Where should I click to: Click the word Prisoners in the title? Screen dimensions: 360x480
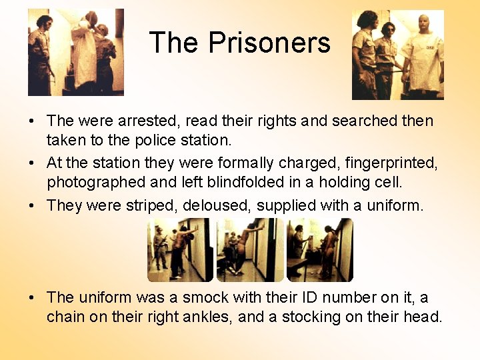(269, 43)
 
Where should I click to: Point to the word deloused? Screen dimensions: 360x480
(219, 205)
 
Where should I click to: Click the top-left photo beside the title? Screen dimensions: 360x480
(75, 52)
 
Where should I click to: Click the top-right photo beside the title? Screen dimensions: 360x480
(397, 55)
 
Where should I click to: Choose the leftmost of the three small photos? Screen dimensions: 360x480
(180, 250)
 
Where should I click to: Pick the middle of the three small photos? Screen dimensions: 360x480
(250, 250)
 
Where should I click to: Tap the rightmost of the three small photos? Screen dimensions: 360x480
(320, 250)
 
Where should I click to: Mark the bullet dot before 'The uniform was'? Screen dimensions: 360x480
(32, 298)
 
